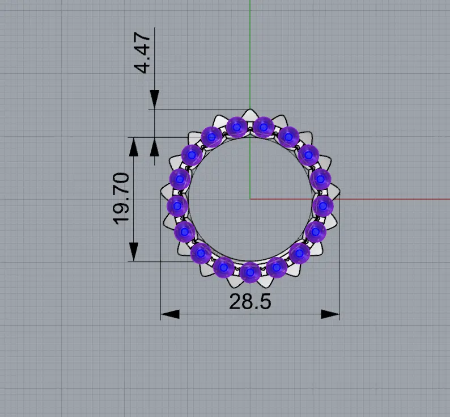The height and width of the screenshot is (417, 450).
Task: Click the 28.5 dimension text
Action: point(250,301)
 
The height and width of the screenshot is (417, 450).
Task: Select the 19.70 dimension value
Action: point(121,199)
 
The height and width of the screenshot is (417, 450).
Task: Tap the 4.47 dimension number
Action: point(142,53)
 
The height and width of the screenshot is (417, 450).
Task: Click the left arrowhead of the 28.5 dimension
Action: point(170,314)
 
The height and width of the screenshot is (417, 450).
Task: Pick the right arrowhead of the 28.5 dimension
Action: point(330,314)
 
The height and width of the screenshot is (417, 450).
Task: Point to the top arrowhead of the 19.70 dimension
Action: point(133,147)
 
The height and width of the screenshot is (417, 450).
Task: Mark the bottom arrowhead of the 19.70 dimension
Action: point(133,252)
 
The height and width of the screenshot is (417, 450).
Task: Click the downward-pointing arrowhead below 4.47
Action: point(154,99)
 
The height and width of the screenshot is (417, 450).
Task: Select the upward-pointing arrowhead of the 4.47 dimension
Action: point(154,147)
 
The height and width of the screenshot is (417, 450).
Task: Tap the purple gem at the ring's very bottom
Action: point(251,272)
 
